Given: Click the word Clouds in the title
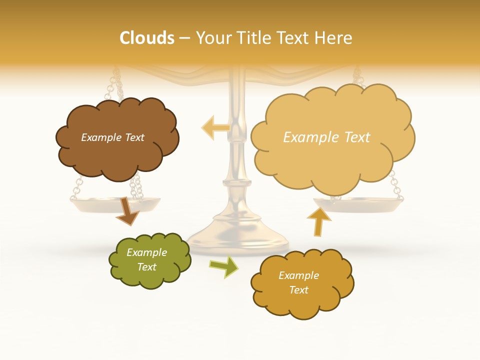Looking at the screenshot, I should pos(147,38).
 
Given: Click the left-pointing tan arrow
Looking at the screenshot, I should pos(214,127).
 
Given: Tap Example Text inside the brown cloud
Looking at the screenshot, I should pos(112,137).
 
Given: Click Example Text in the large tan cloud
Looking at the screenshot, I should pos(326,137).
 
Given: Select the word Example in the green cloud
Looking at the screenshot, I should pos(146,252).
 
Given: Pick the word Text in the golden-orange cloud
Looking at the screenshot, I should pos(298,290).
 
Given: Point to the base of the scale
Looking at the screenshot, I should pos(238,239).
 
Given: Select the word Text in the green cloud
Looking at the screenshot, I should pos(146,267).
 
